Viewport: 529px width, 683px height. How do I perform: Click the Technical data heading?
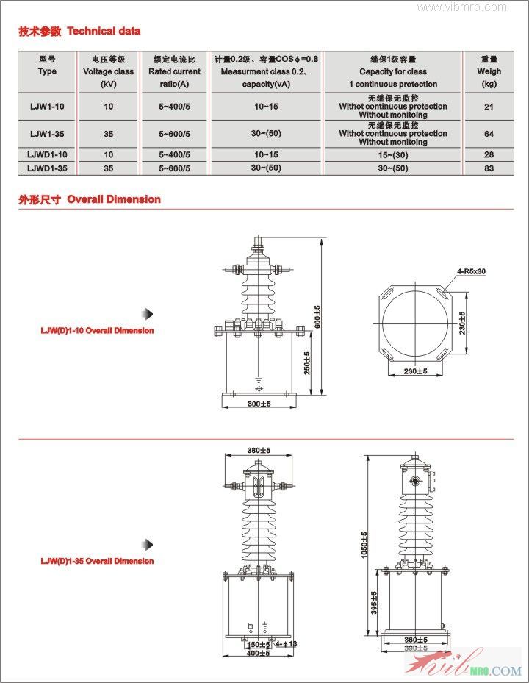click(x=79, y=31)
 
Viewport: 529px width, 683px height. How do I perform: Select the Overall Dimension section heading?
click(x=90, y=199)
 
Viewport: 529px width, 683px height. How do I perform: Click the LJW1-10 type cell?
click(x=46, y=107)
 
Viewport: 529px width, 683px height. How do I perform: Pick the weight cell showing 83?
click(x=489, y=168)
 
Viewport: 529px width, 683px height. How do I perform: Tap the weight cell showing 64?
click(x=489, y=134)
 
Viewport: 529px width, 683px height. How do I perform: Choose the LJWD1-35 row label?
click(x=46, y=168)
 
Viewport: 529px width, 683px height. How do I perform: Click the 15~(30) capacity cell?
click(x=393, y=155)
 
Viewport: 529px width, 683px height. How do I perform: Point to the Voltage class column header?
click(x=108, y=71)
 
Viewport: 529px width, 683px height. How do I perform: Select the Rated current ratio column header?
click(x=174, y=71)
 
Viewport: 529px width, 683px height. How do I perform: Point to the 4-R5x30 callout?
click(x=471, y=272)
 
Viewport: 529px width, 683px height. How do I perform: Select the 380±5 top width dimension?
click(x=259, y=450)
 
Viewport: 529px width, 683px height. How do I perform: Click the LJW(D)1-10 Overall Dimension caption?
click(x=97, y=331)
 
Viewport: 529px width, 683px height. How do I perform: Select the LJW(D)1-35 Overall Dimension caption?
click(x=97, y=562)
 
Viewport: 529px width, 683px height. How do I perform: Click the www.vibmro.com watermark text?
click(x=462, y=7)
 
